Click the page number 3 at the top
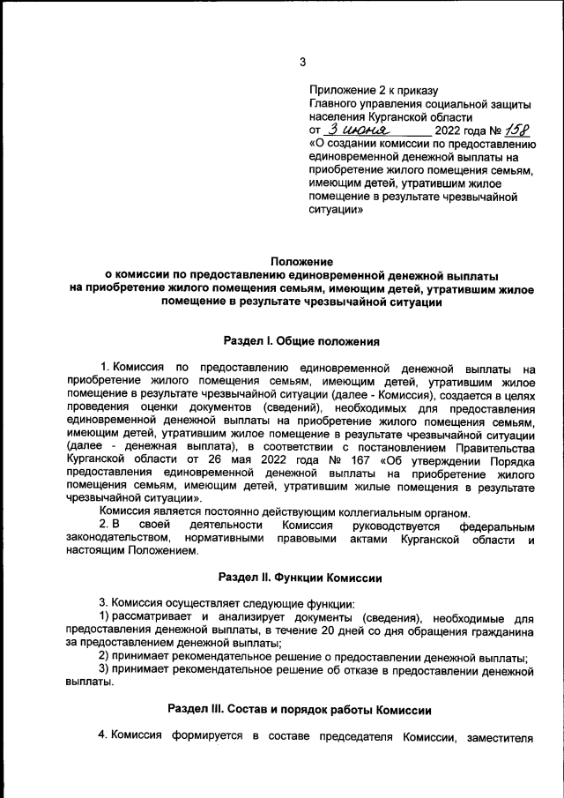pyautogui.click(x=302, y=62)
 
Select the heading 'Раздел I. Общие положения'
pyautogui.click(x=301, y=339)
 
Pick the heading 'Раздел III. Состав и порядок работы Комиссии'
pyautogui.click(x=301, y=710)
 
